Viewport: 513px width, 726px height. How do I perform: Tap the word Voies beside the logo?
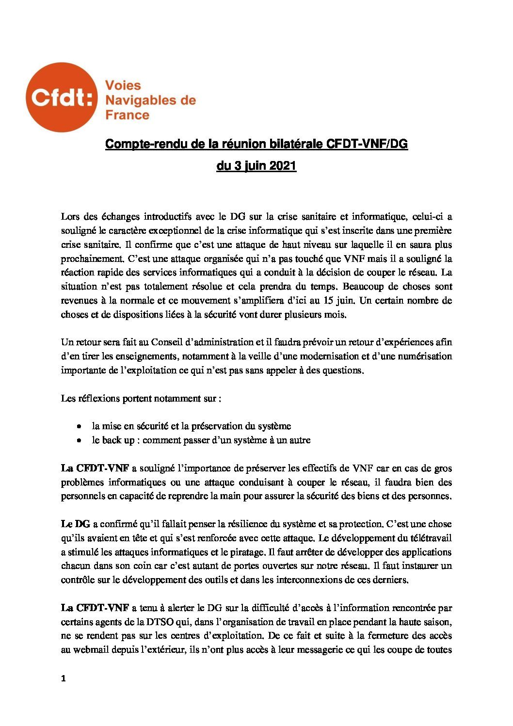click(x=123, y=85)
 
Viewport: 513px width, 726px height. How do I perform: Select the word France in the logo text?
click(x=127, y=115)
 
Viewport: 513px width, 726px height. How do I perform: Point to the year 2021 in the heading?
click(x=283, y=166)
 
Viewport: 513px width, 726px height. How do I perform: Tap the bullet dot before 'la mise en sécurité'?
click(x=79, y=426)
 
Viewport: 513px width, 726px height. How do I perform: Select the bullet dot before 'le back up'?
click(x=79, y=441)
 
